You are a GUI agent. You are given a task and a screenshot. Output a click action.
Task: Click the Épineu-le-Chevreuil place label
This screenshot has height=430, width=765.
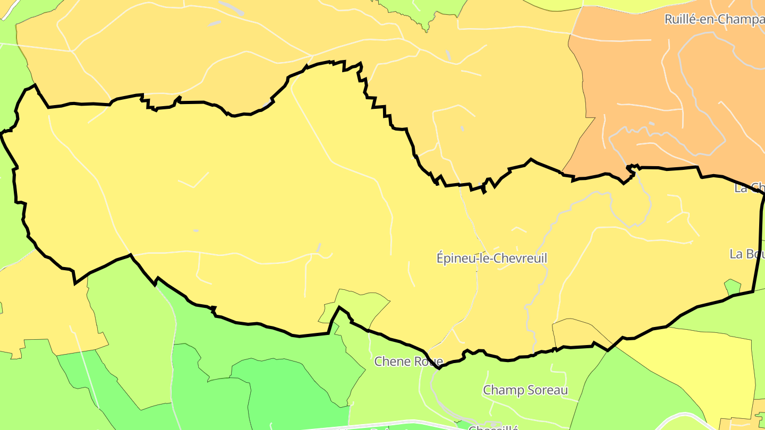tap(491, 259)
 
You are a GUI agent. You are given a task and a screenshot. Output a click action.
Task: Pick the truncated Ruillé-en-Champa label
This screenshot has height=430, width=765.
tap(714, 20)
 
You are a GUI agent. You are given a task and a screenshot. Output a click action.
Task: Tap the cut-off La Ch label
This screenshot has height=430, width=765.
tap(750, 187)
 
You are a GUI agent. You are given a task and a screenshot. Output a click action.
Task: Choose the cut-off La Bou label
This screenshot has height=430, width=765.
tap(747, 254)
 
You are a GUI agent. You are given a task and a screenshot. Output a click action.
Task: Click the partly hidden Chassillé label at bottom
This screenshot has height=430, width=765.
tap(494, 427)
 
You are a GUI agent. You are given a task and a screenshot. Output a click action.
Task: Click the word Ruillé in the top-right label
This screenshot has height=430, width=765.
tap(679, 20)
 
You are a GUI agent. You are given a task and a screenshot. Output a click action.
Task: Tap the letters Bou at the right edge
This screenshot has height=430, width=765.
tap(754, 254)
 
